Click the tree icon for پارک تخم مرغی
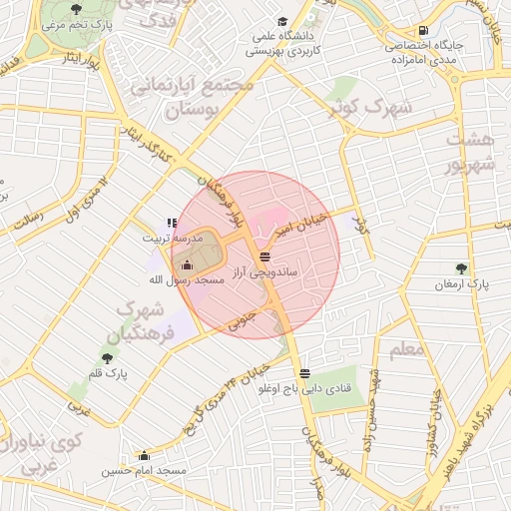pos(77,9)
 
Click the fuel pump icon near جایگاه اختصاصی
pos(424,31)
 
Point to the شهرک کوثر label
pos(374,107)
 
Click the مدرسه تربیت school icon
pos(173,223)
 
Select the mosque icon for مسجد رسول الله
pos(187,265)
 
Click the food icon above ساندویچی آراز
pos(262,256)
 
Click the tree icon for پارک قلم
pos(106,357)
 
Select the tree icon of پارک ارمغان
pos(460,267)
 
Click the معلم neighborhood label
pos(408,349)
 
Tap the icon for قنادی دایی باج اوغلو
pos(303,373)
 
